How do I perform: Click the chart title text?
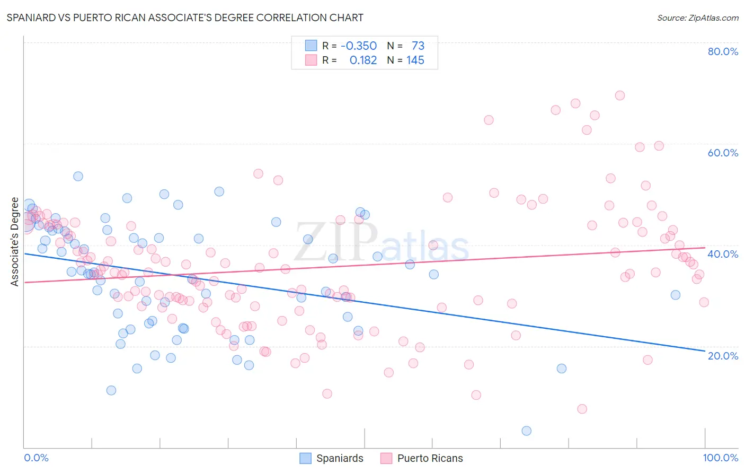[185, 17]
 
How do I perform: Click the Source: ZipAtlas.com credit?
[697, 17]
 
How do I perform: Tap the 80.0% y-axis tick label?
[723, 51]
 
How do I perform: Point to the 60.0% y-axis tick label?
[723, 153]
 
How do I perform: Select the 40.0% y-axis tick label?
[723, 254]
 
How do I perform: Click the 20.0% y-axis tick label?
[723, 356]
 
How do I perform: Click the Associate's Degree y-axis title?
[14, 242]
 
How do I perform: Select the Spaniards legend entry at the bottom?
[332, 459]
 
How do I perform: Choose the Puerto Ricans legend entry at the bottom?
[422, 459]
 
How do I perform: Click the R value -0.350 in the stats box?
[359, 46]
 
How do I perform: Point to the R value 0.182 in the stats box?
[363, 60]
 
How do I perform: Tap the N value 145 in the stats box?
[415, 60]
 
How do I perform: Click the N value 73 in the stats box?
[418, 46]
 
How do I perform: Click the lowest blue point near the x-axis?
[526, 431]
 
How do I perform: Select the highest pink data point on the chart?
[619, 95]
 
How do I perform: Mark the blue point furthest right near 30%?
[675, 295]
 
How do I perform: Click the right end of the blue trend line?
[705, 351]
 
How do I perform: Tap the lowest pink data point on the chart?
[582, 409]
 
